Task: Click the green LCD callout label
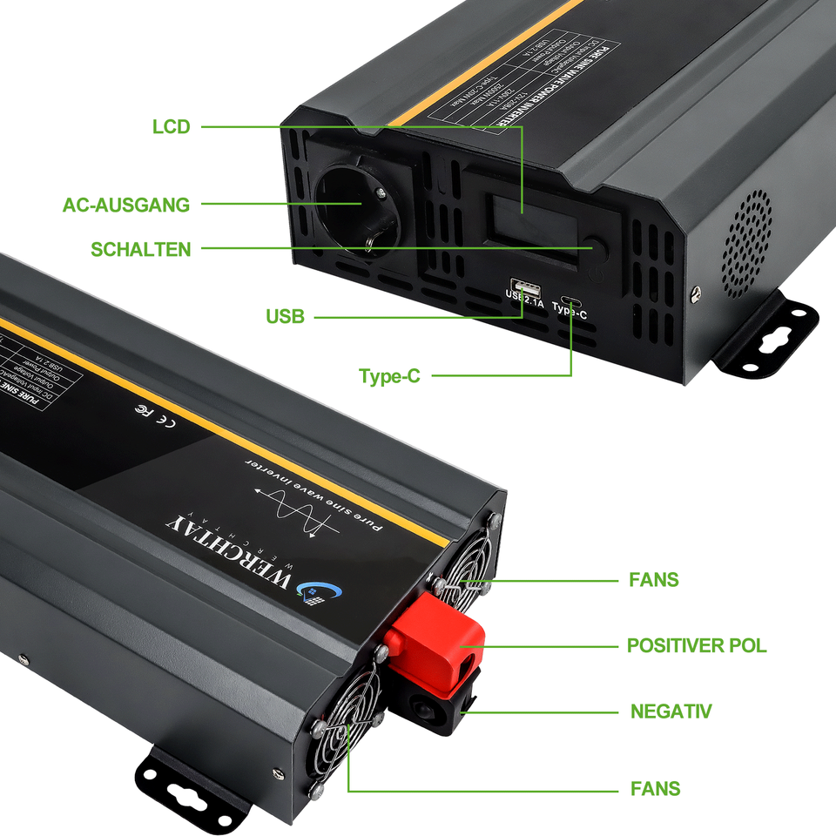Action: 171,127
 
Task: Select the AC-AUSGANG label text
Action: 126,206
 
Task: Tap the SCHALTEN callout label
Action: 140,250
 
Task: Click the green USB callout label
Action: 286,317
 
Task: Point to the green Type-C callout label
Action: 389,376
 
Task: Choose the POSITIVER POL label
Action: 697,646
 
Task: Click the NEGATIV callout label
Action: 671,711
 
